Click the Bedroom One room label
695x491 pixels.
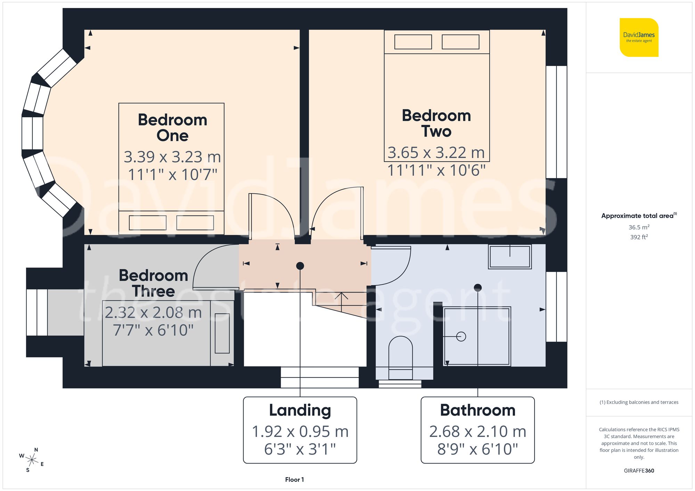[x=172, y=127]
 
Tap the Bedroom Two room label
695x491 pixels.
[x=436, y=123]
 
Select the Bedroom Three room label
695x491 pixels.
[x=153, y=283]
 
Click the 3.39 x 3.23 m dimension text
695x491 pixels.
[x=172, y=157]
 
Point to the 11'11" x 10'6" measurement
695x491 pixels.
[x=436, y=170]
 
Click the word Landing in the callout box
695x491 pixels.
[x=300, y=410]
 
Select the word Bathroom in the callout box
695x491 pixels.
[x=477, y=410]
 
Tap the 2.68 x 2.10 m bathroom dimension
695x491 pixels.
[x=477, y=432]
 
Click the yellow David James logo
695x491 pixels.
[x=639, y=37]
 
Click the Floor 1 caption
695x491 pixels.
[x=294, y=480]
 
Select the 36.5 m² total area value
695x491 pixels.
[x=639, y=227]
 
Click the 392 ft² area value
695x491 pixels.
[x=639, y=237]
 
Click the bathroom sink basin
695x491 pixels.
[x=510, y=257]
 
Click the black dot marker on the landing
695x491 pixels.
[x=300, y=266]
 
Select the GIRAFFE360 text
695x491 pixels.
[x=639, y=471]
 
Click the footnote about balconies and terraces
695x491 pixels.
[x=639, y=402]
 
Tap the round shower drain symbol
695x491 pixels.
[x=461, y=336]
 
